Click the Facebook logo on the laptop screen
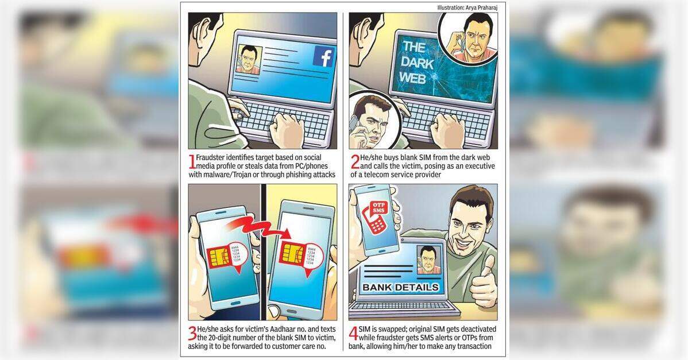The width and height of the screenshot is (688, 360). (324, 57)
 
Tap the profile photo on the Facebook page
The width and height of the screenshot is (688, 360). (249, 59)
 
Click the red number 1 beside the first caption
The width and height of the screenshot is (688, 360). (191, 162)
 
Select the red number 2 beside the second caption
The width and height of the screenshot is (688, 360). (355, 162)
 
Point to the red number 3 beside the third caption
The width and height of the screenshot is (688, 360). (192, 334)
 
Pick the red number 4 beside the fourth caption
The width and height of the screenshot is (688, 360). (353, 334)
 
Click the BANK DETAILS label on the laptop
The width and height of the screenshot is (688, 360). (401, 288)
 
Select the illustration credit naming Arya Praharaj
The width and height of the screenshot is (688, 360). (467, 7)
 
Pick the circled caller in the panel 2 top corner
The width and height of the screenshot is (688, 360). (469, 37)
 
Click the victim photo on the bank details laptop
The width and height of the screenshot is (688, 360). (428, 260)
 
